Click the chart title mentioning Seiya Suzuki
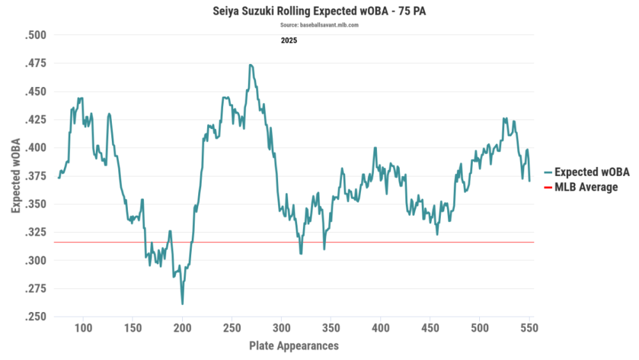pos(319,12)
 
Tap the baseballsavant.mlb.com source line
pos(319,25)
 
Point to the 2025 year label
pos(289,40)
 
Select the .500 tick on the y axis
pos(36,35)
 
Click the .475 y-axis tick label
pos(36,63)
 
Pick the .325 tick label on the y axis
pos(36,232)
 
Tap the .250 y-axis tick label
pos(36,317)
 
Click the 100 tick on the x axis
pos(83,329)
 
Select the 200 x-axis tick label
pos(182,329)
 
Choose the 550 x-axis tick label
pos(529,329)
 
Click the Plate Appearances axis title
pos(293,346)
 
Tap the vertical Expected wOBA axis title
pos(15,176)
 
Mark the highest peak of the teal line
pos(250,65)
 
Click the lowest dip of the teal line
pos(182,304)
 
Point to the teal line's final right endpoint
pos(530,181)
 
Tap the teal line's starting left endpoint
pos(59,178)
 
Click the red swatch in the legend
pos(548,187)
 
